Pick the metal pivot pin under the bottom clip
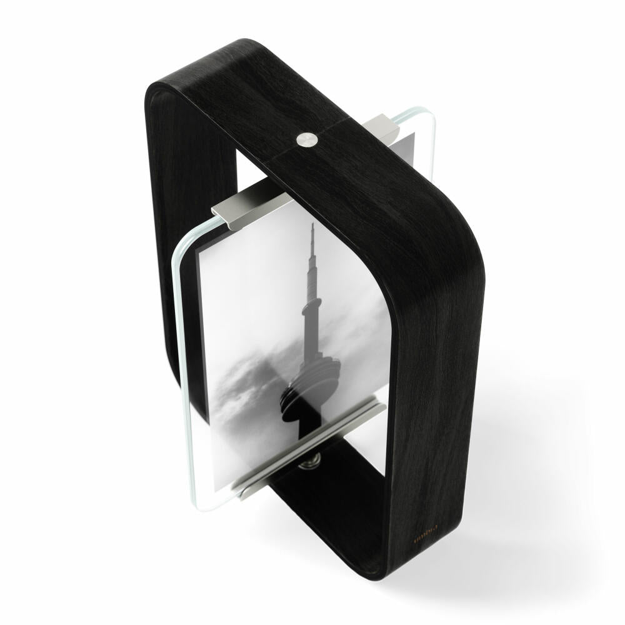pyautogui.click(x=311, y=463)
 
